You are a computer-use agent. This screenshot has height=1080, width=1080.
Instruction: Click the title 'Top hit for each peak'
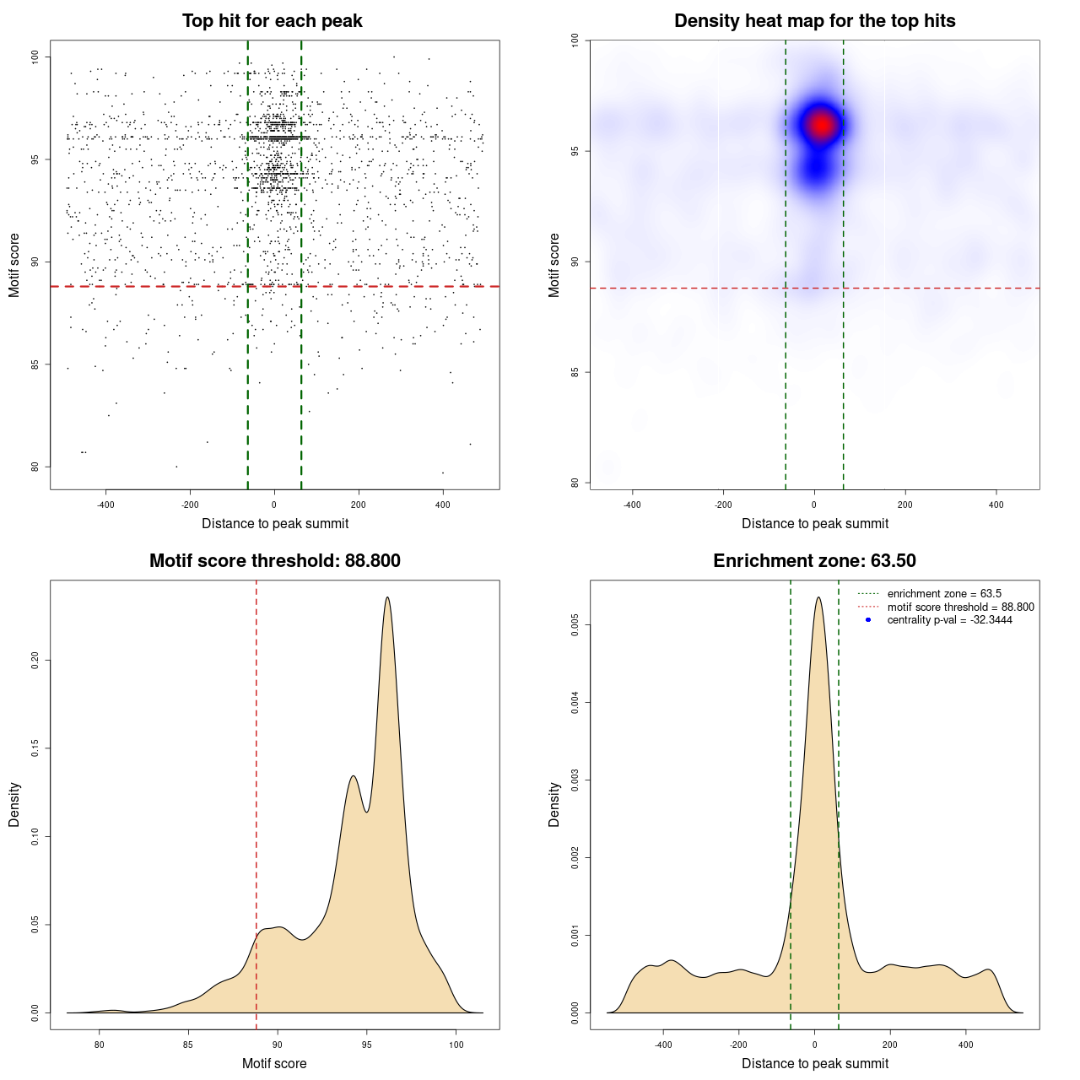click(273, 21)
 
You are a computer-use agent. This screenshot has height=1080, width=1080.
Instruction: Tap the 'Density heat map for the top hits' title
click(814, 21)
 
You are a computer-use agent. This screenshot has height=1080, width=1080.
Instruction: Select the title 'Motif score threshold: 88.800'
click(274, 561)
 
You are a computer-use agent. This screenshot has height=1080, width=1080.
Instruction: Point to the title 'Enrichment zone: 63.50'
click(814, 561)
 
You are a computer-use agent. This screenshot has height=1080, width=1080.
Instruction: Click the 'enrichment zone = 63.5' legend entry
click(944, 594)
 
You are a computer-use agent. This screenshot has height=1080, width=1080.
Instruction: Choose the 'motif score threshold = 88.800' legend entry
click(960, 607)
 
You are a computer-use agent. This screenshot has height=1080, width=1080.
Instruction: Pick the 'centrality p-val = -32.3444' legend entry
click(949, 620)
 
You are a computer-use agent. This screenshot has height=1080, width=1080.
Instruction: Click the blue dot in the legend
click(868, 620)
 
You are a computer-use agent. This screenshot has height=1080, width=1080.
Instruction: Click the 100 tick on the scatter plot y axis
click(35, 57)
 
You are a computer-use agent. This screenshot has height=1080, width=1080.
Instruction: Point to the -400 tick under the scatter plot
click(105, 505)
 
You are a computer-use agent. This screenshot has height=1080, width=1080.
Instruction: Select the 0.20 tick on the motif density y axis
click(35, 659)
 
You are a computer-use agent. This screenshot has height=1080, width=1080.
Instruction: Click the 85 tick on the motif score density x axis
click(188, 1045)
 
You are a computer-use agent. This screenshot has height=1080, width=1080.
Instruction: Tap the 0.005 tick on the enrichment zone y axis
click(575, 625)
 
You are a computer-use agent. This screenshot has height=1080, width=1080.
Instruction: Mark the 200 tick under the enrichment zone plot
click(890, 1045)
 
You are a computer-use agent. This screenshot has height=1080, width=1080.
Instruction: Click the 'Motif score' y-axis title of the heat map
click(554, 265)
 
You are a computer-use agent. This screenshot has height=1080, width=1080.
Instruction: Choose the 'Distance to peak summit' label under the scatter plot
click(275, 524)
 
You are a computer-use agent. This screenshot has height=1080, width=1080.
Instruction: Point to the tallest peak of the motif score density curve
click(387, 597)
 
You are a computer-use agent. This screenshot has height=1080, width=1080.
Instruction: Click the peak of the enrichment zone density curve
click(818, 597)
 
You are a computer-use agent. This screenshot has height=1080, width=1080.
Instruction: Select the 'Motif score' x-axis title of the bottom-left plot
click(274, 1063)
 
